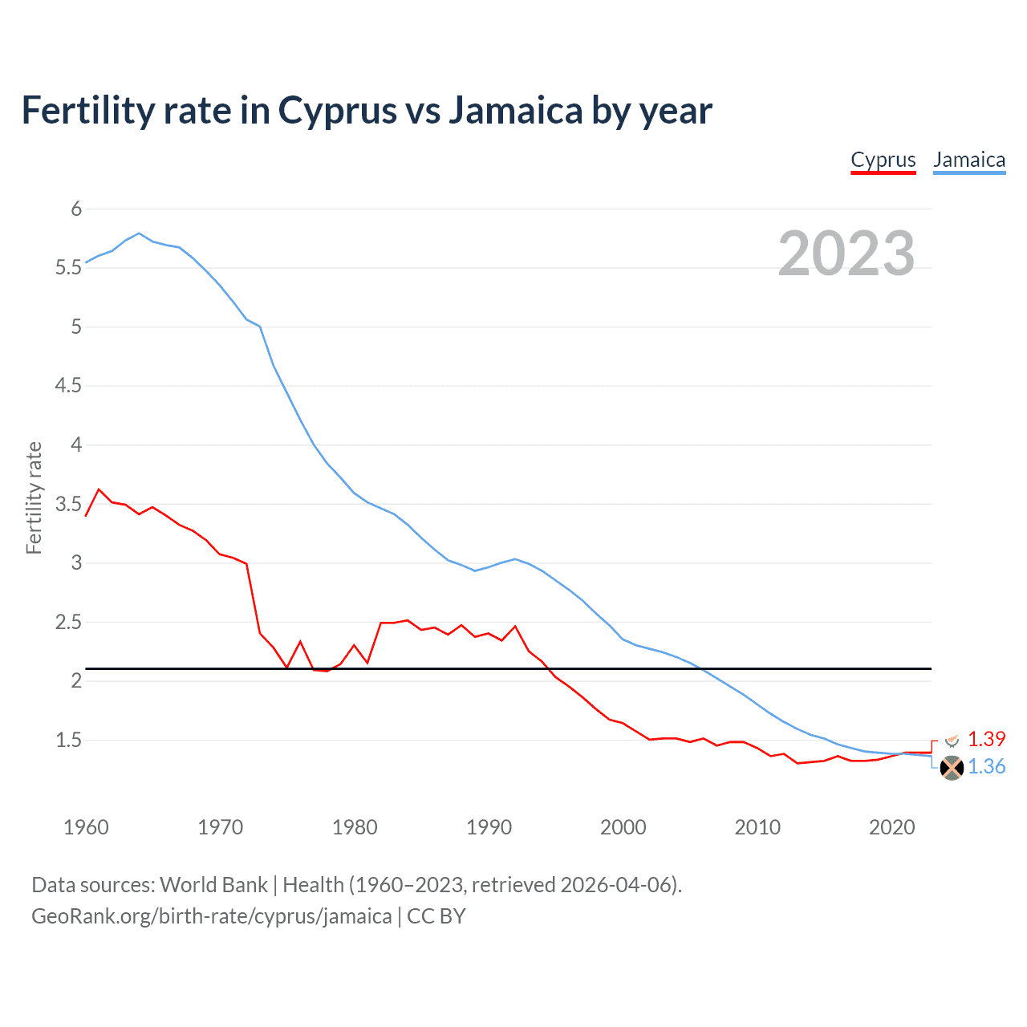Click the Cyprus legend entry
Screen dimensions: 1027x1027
[x=883, y=160]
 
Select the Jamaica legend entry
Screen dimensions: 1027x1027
[x=969, y=160]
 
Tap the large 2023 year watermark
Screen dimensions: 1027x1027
[x=846, y=254]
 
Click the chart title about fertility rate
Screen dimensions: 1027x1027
[x=367, y=111]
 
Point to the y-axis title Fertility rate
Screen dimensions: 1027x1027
[x=34, y=497]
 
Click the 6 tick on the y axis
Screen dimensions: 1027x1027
[x=77, y=209]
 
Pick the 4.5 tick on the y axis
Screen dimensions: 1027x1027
[x=69, y=386]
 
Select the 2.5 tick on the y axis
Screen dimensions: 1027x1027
[x=69, y=622]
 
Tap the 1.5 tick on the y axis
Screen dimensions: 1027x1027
[x=69, y=740]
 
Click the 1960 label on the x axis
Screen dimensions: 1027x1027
[x=86, y=827]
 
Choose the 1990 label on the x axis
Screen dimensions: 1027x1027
[x=489, y=827]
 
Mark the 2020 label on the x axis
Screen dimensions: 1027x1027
[x=891, y=827]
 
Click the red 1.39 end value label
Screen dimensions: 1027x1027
[x=986, y=739]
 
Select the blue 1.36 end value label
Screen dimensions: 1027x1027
[x=986, y=767]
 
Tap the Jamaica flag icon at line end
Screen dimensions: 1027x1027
[x=952, y=768]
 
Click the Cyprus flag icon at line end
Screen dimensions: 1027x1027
[x=952, y=740]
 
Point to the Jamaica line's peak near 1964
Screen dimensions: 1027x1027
[x=140, y=233]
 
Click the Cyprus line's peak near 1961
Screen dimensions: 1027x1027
[x=99, y=489]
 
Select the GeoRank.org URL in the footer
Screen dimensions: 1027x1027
[x=212, y=916]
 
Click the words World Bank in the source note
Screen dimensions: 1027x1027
[x=213, y=885]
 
